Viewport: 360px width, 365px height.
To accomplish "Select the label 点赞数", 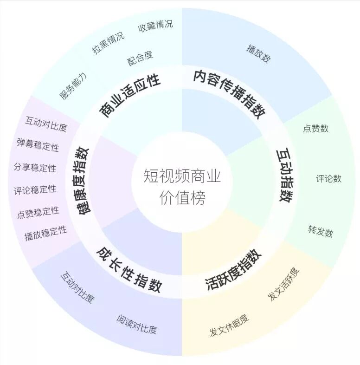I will coord(316,128).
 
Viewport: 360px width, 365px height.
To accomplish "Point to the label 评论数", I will coord(329,178).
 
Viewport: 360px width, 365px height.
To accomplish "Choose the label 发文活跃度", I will coord(284,283).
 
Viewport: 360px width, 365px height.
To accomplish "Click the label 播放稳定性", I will coord(45,233).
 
